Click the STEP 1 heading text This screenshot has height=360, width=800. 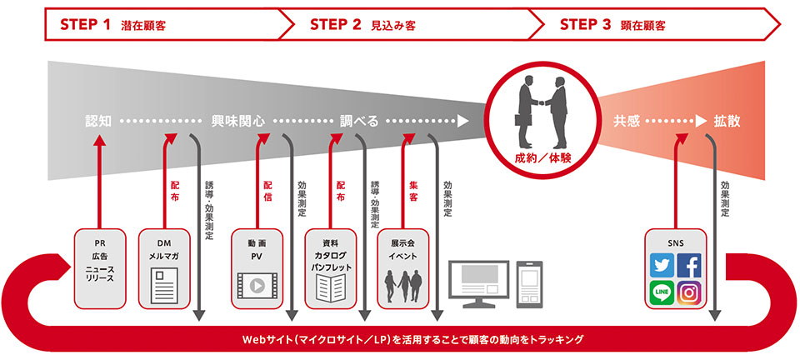coord(112,24)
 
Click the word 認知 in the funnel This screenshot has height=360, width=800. coord(98,121)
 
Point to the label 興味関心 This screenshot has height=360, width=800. coord(238,121)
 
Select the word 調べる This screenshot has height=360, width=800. coord(359,121)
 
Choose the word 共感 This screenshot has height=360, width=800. coord(626,121)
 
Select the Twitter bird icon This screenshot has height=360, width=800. coord(662,265)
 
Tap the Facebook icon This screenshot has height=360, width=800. coord(689,265)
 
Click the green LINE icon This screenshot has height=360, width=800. coord(662,292)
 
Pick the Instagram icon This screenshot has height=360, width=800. coord(689,292)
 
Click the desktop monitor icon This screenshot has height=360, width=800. coord(478,284)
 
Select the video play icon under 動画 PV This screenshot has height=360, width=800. coord(257,286)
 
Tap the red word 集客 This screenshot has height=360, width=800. coord(412,192)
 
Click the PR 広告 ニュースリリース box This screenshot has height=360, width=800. coord(98,266)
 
